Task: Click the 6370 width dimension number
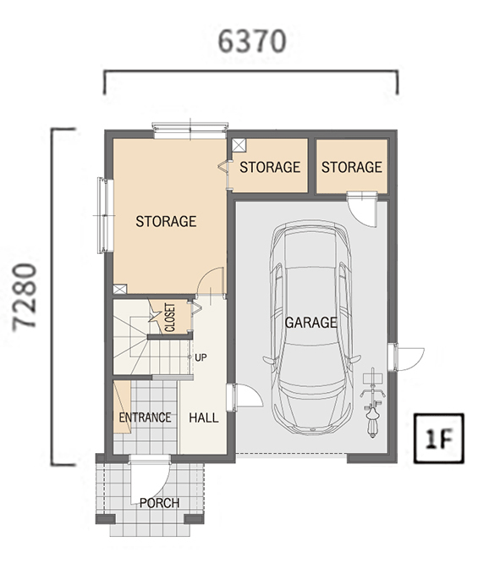click(251, 41)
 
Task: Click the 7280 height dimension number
click(25, 297)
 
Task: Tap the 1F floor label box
click(439, 438)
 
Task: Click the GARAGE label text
click(310, 323)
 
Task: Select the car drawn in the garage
click(311, 328)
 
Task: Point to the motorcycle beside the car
click(372, 403)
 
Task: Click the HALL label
click(204, 417)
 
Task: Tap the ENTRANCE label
click(145, 417)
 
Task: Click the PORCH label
click(160, 503)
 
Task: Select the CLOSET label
click(170, 318)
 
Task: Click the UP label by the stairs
click(201, 357)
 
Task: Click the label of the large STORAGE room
click(166, 221)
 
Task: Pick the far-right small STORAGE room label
click(352, 167)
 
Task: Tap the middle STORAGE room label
click(270, 167)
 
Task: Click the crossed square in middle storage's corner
click(239, 145)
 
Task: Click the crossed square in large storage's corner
click(119, 289)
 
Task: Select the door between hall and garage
click(244, 397)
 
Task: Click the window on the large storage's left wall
click(105, 215)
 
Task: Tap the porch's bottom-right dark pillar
click(194, 519)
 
